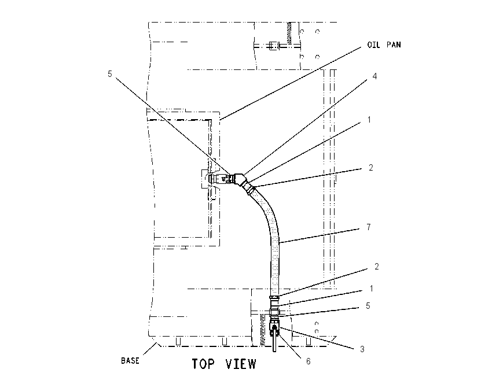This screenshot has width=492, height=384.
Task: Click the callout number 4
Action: [x=374, y=76]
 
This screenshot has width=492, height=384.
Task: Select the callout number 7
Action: [x=369, y=227]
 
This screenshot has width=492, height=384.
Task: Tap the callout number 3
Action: [x=362, y=349]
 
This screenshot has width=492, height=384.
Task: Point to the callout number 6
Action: [x=308, y=361]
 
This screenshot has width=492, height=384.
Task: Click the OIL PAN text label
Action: [x=384, y=45]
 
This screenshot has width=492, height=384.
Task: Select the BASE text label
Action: [x=130, y=361]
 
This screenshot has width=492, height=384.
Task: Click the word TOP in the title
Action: [x=203, y=364]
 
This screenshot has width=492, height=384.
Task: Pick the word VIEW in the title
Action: [x=241, y=364]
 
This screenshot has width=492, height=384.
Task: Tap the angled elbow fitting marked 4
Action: [x=240, y=180]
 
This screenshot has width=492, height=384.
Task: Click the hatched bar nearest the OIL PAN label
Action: [x=289, y=33]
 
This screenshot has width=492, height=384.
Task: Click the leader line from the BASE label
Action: [x=150, y=349]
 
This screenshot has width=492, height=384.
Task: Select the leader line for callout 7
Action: [x=319, y=236]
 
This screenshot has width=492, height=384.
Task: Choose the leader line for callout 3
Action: [x=317, y=338]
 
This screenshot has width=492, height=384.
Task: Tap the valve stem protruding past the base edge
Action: [x=274, y=343]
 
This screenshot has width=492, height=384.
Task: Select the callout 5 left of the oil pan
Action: [x=109, y=74]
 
